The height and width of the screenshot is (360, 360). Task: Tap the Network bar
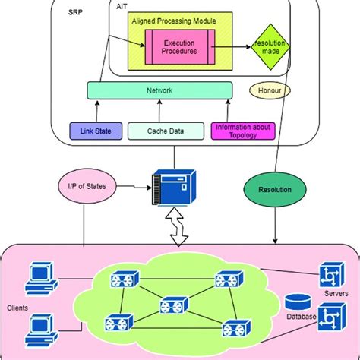[x=159, y=91]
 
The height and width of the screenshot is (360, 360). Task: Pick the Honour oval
[x=269, y=91]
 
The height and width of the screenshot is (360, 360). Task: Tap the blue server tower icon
[x=171, y=187]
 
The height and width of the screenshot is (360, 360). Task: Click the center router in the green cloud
[x=172, y=305]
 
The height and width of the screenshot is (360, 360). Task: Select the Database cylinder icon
[x=295, y=301]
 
